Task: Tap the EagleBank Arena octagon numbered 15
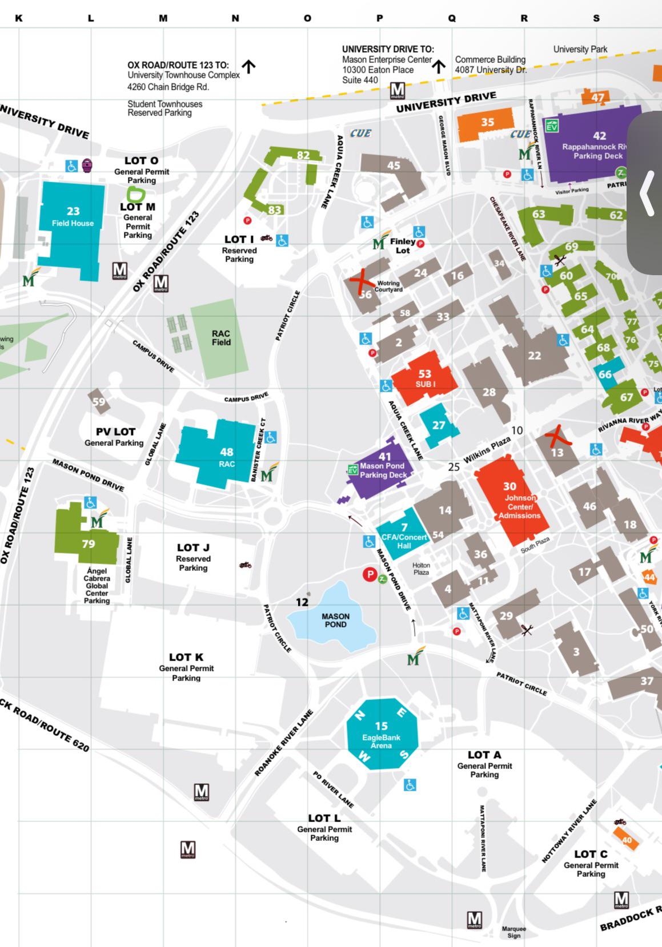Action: pos(382,734)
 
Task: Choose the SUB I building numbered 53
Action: pos(424,377)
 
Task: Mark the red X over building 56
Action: pos(361,281)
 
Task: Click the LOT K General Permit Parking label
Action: pos(186,667)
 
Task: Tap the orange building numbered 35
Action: pos(487,123)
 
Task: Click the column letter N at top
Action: pos(235,18)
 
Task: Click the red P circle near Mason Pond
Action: pos(370,574)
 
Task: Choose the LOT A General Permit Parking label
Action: pos(484,764)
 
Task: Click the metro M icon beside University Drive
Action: pos(398,90)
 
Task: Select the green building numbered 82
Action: pos(303,155)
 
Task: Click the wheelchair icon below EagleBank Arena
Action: pos(410,785)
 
